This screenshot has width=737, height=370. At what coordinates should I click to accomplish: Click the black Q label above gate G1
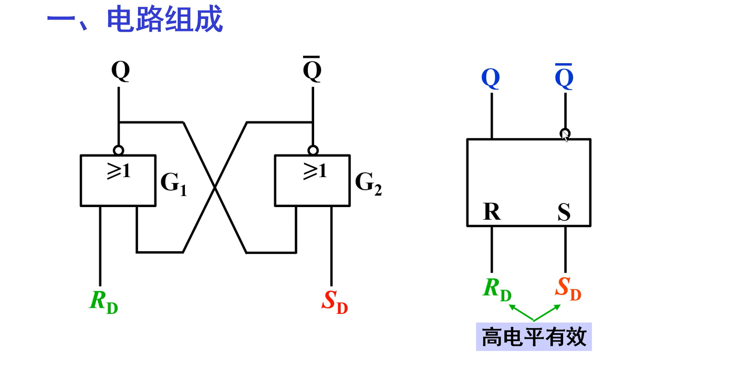(120, 71)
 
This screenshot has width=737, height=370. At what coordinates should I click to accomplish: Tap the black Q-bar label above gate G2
(313, 71)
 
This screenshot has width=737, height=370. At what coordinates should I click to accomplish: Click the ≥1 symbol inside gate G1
(118, 171)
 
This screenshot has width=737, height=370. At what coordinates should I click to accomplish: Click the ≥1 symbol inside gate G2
(314, 171)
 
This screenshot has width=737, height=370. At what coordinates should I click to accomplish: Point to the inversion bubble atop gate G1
(119, 150)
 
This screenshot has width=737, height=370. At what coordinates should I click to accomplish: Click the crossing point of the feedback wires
(215, 187)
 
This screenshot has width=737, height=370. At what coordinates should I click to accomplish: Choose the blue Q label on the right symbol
(491, 78)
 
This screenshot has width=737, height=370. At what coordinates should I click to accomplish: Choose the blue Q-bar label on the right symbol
(564, 78)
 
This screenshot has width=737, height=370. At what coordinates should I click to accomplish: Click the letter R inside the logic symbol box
(492, 212)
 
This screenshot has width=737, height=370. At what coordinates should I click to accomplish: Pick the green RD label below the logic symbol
(497, 290)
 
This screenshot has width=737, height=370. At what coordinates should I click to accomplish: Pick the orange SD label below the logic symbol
(568, 290)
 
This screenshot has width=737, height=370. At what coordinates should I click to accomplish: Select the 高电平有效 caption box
(534, 336)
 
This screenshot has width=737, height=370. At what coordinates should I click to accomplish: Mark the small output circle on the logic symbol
(565, 133)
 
